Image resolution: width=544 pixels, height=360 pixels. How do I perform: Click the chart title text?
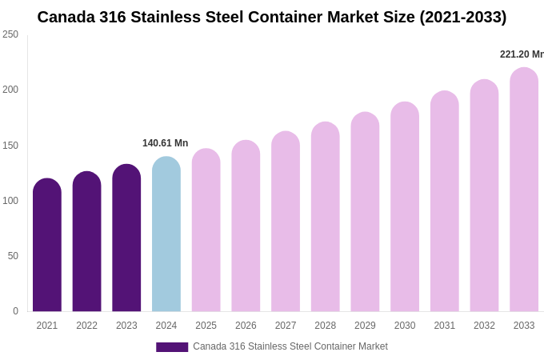pyautogui.click(x=272, y=17)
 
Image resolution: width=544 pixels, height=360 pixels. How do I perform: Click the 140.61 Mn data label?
pyautogui.click(x=165, y=143)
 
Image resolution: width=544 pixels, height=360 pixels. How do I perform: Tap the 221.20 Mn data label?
pyautogui.click(x=522, y=54)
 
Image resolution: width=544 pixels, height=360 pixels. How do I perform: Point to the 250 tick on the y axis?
pyautogui.click(x=10, y=34)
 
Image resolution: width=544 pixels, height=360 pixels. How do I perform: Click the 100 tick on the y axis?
pyautogui.click(x=10, y=201)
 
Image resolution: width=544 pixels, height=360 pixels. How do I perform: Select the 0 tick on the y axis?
pyautogui.click(x=15, y=311)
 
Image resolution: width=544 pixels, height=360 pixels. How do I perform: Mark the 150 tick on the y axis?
pyautogui.click(x=10, y=146)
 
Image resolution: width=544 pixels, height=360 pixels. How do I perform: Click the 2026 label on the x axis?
pyautogui.click(x=246, y=326)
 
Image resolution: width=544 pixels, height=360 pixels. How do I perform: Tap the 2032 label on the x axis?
pyautogui.click(x=484, y=326)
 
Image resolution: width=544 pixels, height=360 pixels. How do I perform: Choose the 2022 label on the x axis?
pyautogui.click(x=86, y=326)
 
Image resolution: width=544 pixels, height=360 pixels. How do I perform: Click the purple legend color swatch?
pyautogui.click(x=172, y=347)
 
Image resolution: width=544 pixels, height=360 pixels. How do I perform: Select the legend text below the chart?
pyautogui.click(x=290, y=346)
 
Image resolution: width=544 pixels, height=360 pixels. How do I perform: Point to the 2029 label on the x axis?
pyautogui.click(x=365, y=326)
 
